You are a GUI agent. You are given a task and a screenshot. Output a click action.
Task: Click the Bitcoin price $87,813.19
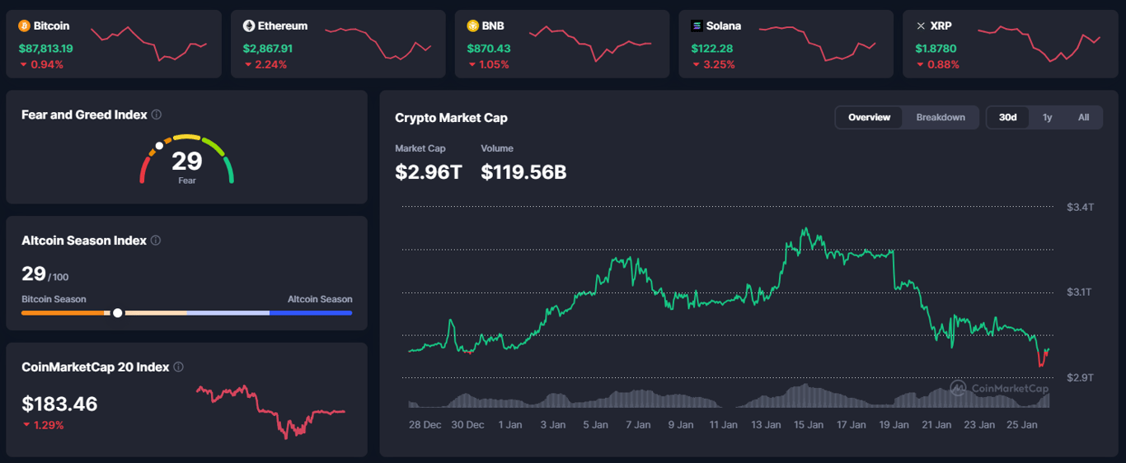[45, 49]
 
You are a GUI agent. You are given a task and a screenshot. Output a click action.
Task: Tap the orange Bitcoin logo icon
[24, 26]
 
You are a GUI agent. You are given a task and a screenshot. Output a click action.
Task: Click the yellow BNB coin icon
[473, 26]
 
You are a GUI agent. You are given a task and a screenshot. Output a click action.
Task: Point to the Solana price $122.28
[712, 49]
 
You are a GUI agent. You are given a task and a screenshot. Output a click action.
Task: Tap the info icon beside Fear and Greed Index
[157, 115]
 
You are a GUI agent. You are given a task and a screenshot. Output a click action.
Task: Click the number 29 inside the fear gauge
[187, 161]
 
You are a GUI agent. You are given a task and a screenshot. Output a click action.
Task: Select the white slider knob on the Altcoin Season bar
[118, 313]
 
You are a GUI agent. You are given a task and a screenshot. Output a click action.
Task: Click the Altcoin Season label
[320, 299]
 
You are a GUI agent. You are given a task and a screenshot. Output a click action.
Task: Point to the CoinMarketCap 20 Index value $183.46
[59, 405]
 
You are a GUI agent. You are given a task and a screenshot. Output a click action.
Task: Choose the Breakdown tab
[941, 118]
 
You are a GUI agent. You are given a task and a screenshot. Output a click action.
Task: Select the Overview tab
[869, 118]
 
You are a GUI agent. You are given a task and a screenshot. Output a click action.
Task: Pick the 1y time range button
[1047, 118]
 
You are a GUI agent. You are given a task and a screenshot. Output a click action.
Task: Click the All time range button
[1083, 118]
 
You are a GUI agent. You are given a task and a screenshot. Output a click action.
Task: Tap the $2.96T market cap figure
[429, 172]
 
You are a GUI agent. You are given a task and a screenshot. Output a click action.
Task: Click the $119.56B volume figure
[523, 172]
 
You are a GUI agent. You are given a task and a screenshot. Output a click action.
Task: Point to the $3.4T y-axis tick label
[1080, 207]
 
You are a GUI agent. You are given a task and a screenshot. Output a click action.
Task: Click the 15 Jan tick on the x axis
[808, 425]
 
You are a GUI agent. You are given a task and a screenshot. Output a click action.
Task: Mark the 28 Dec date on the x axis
[425, 425]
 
